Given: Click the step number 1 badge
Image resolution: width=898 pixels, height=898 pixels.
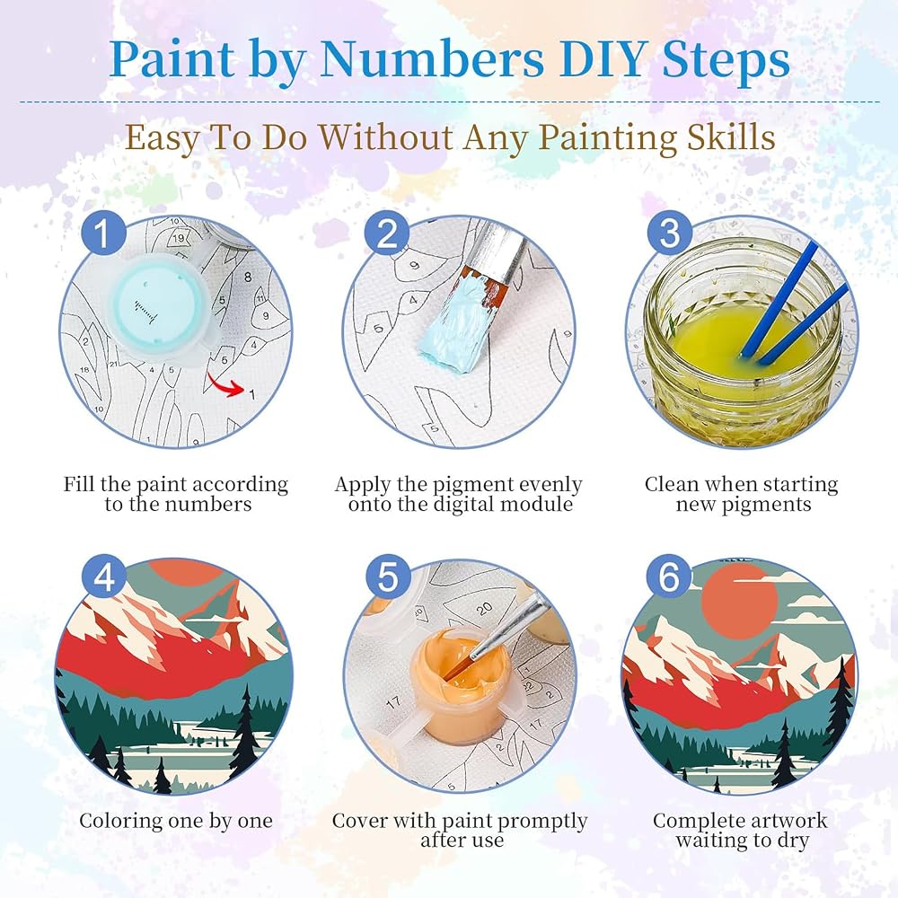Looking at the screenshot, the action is pyautogui.click(x=103, y=233).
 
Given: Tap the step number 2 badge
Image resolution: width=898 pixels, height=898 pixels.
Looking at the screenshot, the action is pyautogui.click(x=387, y=233).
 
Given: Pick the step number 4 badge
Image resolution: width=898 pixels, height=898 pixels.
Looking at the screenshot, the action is pyautogui.click(x=103, y=577).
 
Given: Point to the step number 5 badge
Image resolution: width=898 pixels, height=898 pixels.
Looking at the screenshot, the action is pyautogui.click(x=387, y=577).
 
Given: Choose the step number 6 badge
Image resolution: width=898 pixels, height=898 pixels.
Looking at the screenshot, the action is pyautogui.click(x=669, y=577).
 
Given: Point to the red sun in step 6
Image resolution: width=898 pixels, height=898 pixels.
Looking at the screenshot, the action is pyautogui.click(x=739, y=600).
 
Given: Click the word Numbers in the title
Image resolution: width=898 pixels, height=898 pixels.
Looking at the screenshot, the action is pyautogui.click(x=432, y=59).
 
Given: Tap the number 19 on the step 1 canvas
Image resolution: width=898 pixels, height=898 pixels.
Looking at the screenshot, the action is pyautogui.click(x=179, y=238).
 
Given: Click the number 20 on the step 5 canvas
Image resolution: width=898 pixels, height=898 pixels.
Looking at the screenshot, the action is pyautogui.click(x=485, y=609).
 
